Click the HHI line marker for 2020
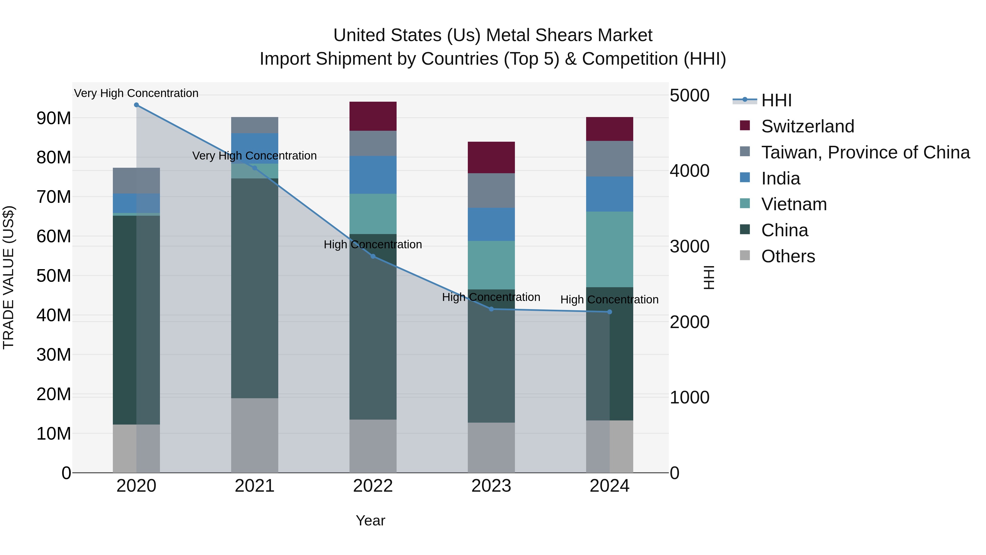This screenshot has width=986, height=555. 136,105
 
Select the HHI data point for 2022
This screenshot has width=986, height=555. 373,256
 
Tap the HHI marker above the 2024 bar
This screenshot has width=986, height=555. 610,312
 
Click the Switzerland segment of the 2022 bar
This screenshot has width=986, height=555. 373,116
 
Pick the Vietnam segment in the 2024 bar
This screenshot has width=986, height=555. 610,249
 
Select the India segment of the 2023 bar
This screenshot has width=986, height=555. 491,224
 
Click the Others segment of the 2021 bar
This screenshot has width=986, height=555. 254,435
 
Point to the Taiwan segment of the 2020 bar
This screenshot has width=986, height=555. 136,181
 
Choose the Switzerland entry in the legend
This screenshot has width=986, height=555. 808,126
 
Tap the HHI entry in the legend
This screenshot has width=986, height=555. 776,100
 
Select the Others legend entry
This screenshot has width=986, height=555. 788,256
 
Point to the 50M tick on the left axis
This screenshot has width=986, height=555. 54,276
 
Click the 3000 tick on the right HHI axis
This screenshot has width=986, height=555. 689,246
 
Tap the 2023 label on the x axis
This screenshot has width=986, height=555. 491,486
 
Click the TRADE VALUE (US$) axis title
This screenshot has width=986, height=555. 8,277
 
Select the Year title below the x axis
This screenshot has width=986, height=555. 370,520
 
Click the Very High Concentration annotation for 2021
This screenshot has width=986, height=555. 254,156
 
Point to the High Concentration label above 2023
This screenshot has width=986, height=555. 491,297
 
